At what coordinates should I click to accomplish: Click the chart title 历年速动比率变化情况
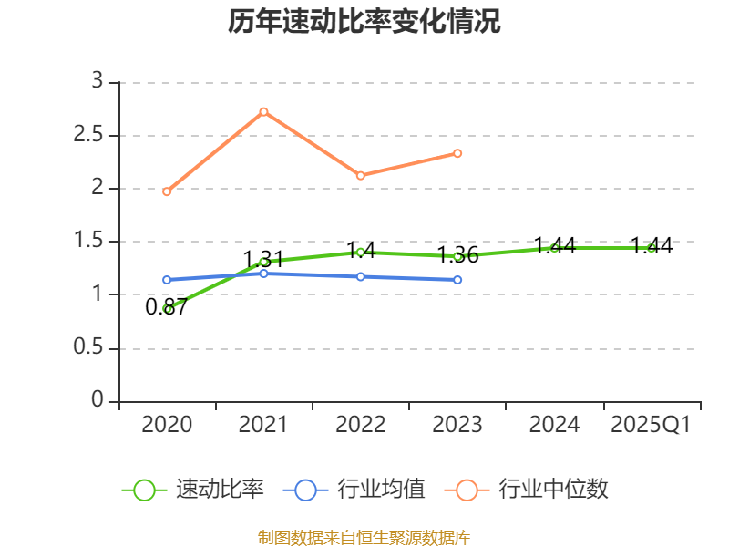(364, 22)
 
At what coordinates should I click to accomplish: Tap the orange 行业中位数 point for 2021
(263, 111)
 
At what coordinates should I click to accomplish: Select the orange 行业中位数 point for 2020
(167, 191)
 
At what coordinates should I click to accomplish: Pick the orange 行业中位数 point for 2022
(360, 175)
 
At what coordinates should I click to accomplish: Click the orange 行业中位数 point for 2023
(457, 153)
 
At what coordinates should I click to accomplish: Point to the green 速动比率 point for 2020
(167, 309)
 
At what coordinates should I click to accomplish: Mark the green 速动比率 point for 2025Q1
(651, 248)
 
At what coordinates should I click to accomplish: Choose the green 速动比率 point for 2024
(554, 247)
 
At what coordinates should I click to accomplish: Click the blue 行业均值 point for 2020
(167, 280)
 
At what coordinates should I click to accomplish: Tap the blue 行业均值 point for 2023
(457, 280)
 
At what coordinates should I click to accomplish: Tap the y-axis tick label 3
(98, 82)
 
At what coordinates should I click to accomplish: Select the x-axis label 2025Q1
(651, 425)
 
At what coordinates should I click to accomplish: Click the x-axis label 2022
(360, 425)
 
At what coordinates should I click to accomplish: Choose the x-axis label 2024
(554, 425)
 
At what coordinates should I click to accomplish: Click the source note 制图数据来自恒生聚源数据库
(364, 537)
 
